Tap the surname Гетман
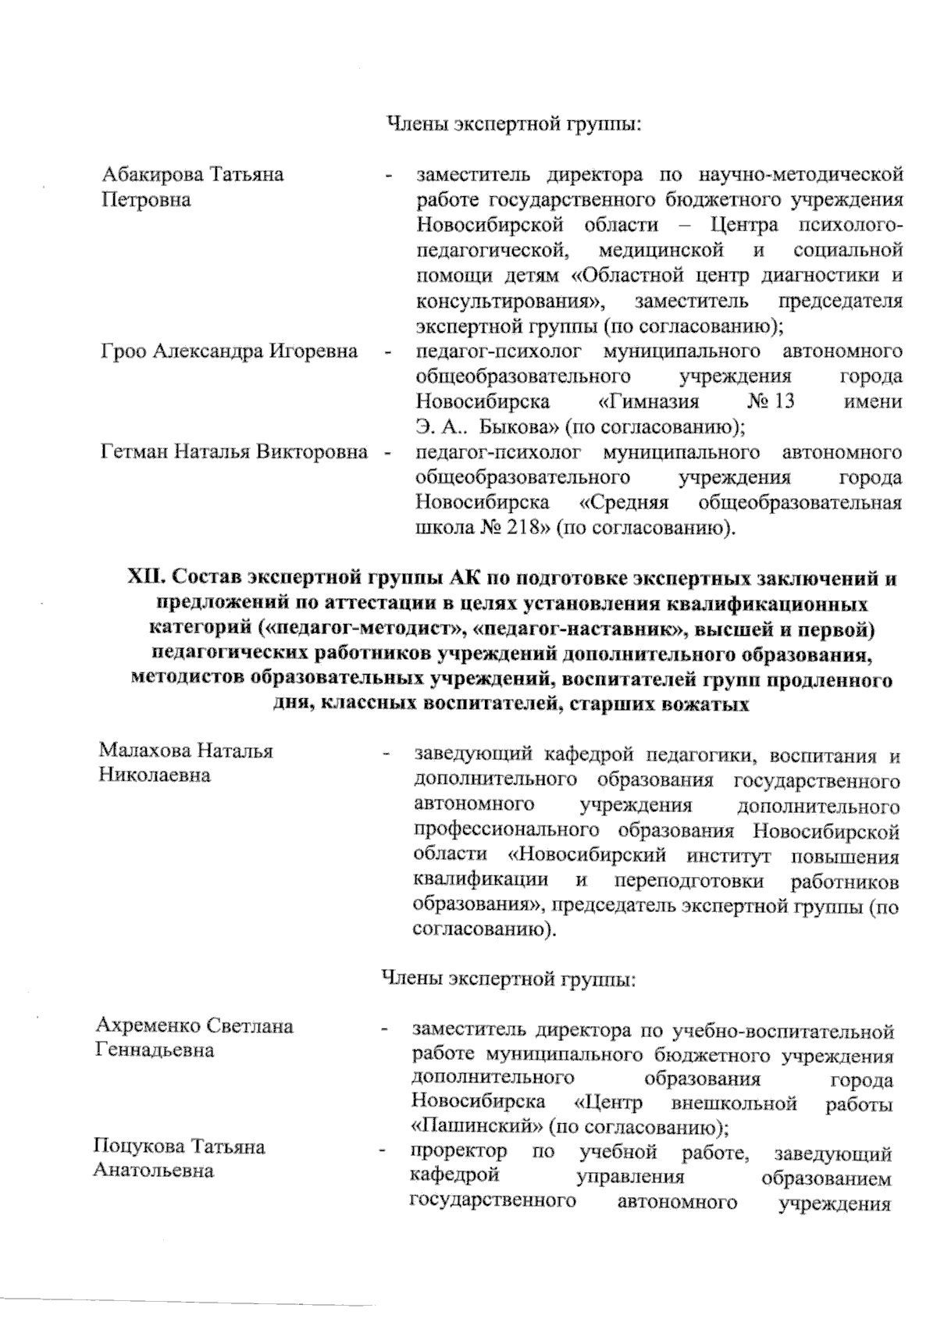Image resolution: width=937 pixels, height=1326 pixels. coord(134,452)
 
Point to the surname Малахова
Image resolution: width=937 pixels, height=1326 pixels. coord(144,751)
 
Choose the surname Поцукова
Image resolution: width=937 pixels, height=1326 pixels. coord(138,1146)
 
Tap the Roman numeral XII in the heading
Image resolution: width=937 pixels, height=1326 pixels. coord(143,579)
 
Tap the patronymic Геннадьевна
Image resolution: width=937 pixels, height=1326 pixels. coord(154,1050)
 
